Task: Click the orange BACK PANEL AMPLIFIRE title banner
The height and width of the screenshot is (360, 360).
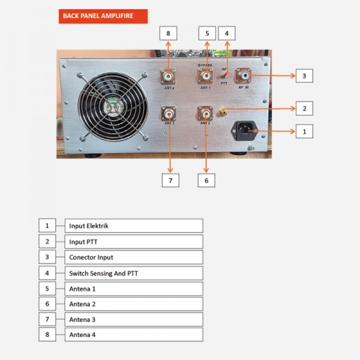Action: (103, 17)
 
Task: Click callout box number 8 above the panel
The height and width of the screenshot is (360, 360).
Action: (168, 34)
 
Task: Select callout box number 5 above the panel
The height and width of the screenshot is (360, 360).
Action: (206, 34)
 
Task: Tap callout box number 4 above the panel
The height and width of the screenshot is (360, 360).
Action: (226, 34)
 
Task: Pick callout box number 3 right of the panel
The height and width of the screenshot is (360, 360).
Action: (304, 76)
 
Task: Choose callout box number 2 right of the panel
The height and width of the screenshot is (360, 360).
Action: (304, 109)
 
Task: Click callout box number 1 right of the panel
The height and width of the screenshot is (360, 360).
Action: (304, 130)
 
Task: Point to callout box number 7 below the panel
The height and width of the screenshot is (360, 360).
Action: (170, 179)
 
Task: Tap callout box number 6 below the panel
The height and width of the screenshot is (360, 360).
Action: (206, 179)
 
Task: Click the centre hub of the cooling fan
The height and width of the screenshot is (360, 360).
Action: (112, 108)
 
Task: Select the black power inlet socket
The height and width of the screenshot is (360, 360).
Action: (245, 130)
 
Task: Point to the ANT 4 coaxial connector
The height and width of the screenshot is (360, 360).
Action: (169, 76)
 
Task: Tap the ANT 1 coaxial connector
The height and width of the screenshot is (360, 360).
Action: (206, 76)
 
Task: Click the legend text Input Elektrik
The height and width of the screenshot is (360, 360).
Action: (89, 226)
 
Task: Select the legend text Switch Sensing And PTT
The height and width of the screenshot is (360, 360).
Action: (104, 273)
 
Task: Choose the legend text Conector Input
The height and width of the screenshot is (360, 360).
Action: (91, 257)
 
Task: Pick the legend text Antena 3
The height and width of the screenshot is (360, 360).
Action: (82, 319)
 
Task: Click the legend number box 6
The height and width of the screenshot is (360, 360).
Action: (47, 304)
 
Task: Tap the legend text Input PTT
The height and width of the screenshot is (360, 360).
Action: (83, 242)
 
